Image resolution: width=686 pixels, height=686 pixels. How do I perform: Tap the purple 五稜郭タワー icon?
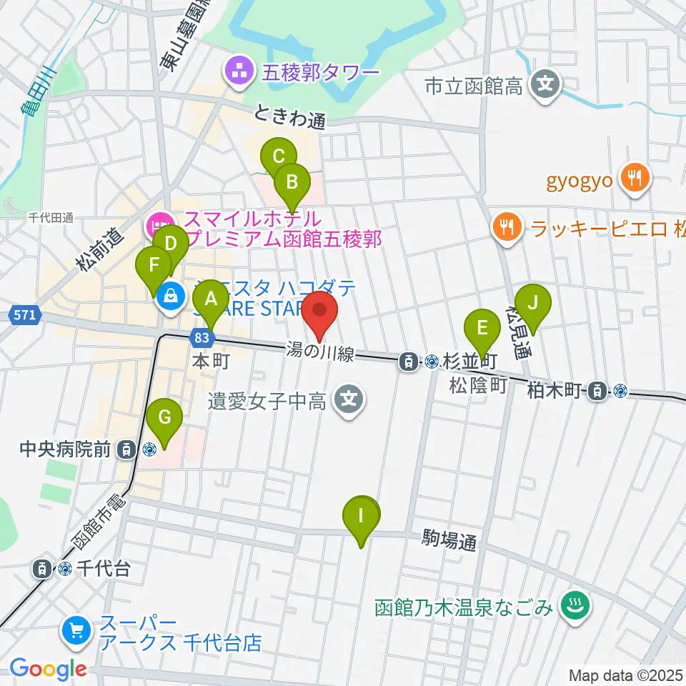(x=237, y=71)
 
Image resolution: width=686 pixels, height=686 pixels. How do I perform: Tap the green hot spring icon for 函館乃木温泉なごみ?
(x=572, y=607)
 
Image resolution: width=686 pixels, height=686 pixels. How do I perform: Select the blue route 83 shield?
(x=202, y=337)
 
